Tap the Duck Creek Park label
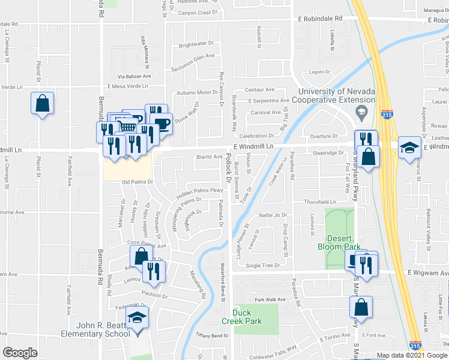[x=247, y=317]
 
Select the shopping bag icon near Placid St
[x=43, y=104]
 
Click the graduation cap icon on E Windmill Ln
[x=408, y=148]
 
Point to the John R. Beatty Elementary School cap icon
[x=137, y=318]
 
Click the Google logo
[x=20, y=352]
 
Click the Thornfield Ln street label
[x=319, y=202]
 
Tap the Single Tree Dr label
[x=263, y=265]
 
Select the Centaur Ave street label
[x=259, y=89]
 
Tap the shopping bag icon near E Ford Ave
[x=361, y=307]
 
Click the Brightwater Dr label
[x=196, y=44]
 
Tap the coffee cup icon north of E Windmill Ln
[x=162, y=124]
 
